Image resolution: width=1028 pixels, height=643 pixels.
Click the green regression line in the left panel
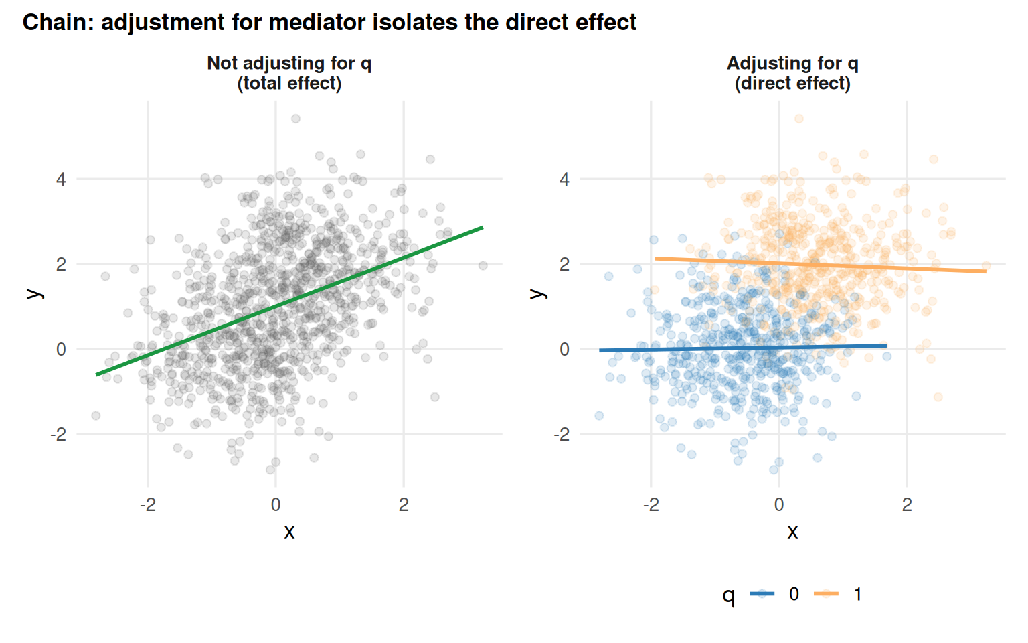pyautogui.click(x=289, y=301)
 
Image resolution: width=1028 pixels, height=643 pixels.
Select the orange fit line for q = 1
pyautogui.click(x=820, y=265)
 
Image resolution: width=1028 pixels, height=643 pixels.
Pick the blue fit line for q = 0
pyautogui.click(x=743, y=348)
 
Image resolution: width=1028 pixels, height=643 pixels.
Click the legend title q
pyautogui.click(x=729, y=595)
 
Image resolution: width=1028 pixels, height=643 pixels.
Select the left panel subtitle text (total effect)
pyautogui.click(x=289, y=84)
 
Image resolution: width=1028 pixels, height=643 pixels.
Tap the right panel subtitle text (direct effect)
pyautogui.click(x=792, y=84)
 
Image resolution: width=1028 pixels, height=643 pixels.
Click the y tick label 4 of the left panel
pyautogui.click(x=62, y=180)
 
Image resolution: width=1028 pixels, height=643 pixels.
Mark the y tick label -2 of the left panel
pyautogui.click(x=58, y=434)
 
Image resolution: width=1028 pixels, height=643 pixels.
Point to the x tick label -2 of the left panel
pyautogui.click(x=147, y=505)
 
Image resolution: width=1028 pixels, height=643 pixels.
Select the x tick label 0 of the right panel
pyautogui.click(x=779, y=505)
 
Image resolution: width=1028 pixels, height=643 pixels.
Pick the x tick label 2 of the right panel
pyautogui.click(x=907, y=505)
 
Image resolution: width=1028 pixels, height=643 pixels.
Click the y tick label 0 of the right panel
pyautogui.click(x=565, y=349)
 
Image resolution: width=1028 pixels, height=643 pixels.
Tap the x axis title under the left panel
pyautogui.click(x=289, y=532)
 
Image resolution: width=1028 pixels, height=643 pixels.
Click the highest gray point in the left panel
pyautogui.click(x=296, y=119)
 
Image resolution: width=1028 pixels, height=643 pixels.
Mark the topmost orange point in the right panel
pyautogui.click(x=799, y=119)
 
